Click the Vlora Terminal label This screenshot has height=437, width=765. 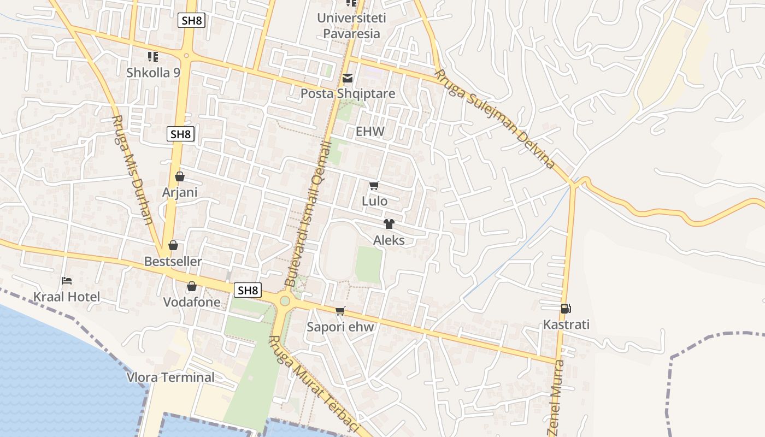(x=170, y=377)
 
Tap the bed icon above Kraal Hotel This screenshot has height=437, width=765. (x=67, y=281)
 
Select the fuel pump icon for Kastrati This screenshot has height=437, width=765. (x=566, y=309)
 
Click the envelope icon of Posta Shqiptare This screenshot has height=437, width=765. (x=348, y=78)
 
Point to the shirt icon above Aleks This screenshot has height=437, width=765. (x=389, y=224)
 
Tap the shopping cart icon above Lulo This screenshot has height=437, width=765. (x=374, y=186)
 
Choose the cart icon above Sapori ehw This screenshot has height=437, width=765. (x=340, y=311)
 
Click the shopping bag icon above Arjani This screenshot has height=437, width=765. (x=179, y=176)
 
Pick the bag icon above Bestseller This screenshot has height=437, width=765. (x=173, y=246)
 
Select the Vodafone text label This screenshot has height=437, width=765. (x=192, y=302)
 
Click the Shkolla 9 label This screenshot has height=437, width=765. (x=153, y=72)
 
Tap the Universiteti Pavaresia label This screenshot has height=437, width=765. (x=352, y=26)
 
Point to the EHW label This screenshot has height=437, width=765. (x=370, y=132)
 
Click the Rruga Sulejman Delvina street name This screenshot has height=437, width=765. (x=495, y=119)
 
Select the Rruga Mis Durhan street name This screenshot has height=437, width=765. (x=132, y=169)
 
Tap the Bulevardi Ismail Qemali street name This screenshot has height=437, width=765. (x=309, y=213)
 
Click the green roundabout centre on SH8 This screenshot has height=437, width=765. (x=284, y=300)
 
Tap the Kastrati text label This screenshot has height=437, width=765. (x=566, y=324)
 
